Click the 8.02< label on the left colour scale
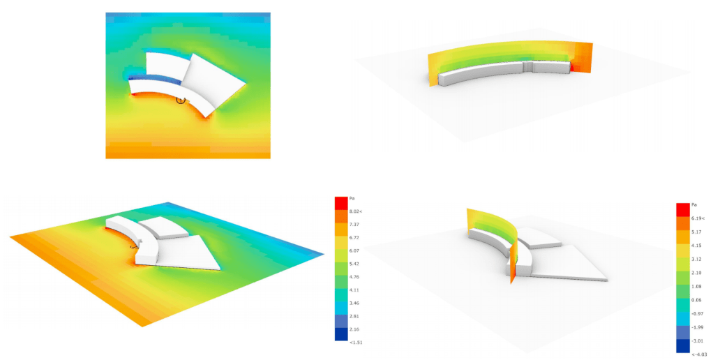[x=356, y=211]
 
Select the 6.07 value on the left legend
[x=354, y=250]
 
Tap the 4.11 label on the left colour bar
[x=354, y=290]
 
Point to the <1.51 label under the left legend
[x=356, y=342]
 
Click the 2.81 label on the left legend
[x=354, y=316]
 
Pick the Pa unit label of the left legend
[x=352, y=199]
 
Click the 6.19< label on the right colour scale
[x=698, y=218]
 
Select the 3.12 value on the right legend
[x=696, y=259]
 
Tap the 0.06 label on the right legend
[x=696, y=300]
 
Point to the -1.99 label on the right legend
[x=697, y=327]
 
